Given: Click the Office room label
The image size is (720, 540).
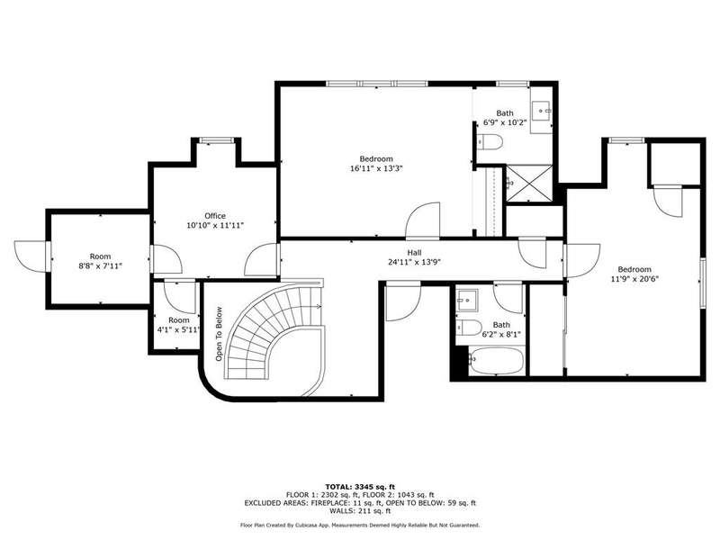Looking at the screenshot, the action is coord(215,216).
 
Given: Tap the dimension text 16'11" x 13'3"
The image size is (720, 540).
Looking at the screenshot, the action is coord(376,168).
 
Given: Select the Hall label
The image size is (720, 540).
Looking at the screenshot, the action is coord(414,253).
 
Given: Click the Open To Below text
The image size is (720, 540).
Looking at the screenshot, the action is coord(219,334).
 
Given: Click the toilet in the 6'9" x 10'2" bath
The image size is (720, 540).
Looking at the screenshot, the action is coord(490,142).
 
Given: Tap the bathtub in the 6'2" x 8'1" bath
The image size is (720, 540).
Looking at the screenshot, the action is coord(496,361).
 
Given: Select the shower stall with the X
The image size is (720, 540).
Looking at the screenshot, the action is coord(529,184).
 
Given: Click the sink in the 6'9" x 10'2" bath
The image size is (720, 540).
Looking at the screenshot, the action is coord(542,111).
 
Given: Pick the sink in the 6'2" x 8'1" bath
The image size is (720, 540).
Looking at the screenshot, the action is coord(467,301).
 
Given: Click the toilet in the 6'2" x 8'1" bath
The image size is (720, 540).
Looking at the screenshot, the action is coord(469,328).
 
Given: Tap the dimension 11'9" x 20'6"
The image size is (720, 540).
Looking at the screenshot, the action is coord(634,279).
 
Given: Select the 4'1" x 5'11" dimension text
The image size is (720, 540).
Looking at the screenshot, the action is coord(178,329).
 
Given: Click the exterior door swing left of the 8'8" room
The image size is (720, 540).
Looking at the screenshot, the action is coord(31,256).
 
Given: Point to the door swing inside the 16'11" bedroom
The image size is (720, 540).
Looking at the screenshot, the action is coord(423,220).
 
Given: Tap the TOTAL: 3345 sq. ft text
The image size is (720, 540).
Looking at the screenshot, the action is coord(360,487).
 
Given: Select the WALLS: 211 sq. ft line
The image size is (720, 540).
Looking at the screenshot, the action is coord(360,510).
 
